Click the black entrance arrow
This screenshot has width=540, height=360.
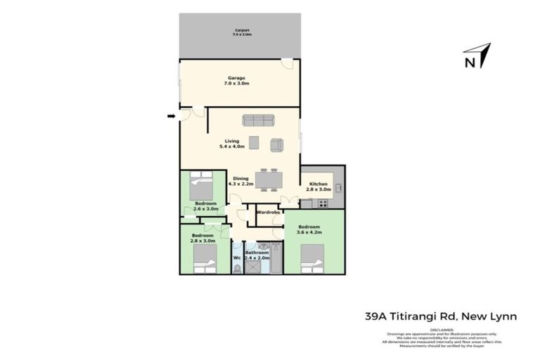click(171, 116)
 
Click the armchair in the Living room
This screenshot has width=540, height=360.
click(276, 146)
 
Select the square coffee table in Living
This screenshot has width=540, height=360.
click(254, 143)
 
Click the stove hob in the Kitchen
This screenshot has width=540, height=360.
click(323, 204)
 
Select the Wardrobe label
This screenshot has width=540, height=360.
click(268, 212)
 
